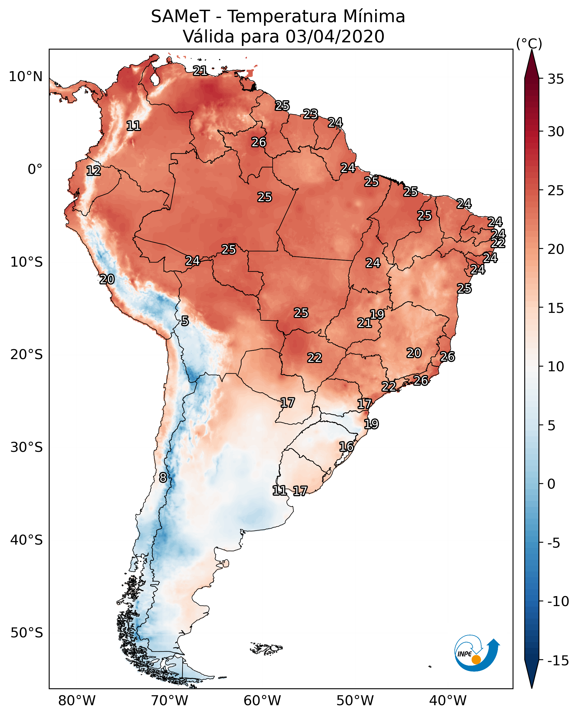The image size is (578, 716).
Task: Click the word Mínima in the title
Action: point(374,17)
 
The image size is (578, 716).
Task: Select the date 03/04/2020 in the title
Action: point(335,37)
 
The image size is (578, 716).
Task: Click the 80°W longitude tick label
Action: point(77,700)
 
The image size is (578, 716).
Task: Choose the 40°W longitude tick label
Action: point(448,700)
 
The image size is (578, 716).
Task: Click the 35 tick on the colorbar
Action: point(556,79)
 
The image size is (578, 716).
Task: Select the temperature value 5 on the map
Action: point(185,321)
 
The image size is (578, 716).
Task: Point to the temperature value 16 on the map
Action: point(346,447)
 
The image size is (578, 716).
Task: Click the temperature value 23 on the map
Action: point(310,114)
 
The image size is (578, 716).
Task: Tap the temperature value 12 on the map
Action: point(94,171)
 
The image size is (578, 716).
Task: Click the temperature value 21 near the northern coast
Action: point(200,71)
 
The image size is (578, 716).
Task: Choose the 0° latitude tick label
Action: point(35,169)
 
